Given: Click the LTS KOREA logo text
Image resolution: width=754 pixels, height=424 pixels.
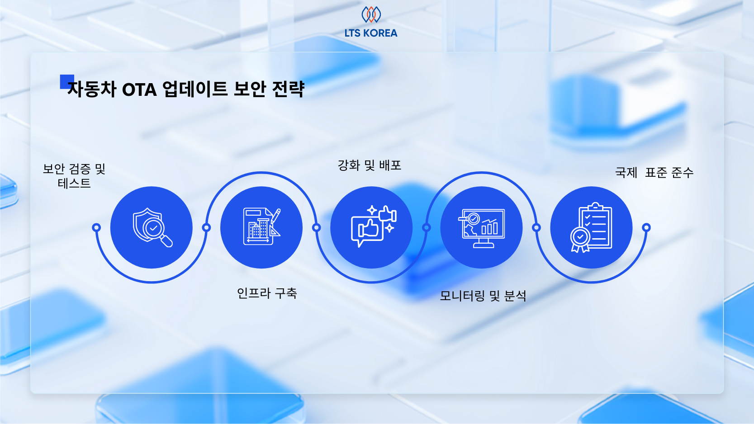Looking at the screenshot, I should (x=370, y=33).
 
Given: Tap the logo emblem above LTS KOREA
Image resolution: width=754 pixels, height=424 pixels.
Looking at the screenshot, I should (x=371, y=14).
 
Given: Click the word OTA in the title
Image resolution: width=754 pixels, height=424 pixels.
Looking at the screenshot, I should (x=139, y=90).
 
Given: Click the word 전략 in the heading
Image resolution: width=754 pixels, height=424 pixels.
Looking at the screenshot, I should (x=288, y=89).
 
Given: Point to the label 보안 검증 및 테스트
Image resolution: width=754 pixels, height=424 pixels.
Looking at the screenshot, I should (x=74, y=176).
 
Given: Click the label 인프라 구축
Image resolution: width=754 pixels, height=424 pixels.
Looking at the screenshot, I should (x=267, y=293).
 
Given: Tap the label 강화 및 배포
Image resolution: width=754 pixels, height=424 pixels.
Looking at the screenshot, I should (x=370, y=165).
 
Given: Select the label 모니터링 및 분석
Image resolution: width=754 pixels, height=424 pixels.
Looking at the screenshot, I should (x=483, y=296).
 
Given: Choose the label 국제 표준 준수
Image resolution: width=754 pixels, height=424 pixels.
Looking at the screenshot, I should (x=654, y=173).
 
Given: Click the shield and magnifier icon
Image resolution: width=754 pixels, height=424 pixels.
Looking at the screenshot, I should (x=152, y=227).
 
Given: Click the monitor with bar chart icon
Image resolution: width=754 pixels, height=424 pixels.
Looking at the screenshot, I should (x=482, y=228).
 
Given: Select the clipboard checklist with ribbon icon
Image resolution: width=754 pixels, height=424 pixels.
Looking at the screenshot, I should (x=591, y=228).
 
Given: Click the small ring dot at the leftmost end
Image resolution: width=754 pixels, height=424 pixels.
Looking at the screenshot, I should (x=96, y=227).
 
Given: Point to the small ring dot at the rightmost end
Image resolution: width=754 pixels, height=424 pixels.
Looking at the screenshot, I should (x=646, y=227).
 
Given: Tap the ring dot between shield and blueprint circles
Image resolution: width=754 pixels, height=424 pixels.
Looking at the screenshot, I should (x=206, y=227).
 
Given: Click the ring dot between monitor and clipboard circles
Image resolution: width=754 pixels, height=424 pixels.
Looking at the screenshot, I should (x=536, y=227).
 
